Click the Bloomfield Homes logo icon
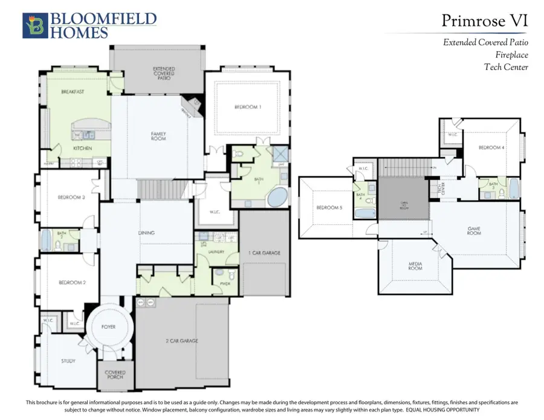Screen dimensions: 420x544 point(34,26)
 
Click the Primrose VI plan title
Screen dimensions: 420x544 point(485,21)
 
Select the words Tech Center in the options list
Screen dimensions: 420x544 point(506,67)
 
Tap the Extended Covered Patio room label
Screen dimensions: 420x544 point(164,73)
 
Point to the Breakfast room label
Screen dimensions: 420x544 point(72,92)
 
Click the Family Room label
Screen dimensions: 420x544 point(158,136)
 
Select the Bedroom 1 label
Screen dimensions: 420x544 point(248,107)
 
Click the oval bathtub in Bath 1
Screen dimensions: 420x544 point(277,197)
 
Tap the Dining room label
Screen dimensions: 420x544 point(146,233)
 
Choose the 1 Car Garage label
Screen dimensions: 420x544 point(264,253)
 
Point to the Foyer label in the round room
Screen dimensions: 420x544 point(108,327)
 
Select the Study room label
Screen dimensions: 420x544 point(68,361)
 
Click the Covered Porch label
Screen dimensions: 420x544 point(115,375)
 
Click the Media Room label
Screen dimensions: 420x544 point(415,265)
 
